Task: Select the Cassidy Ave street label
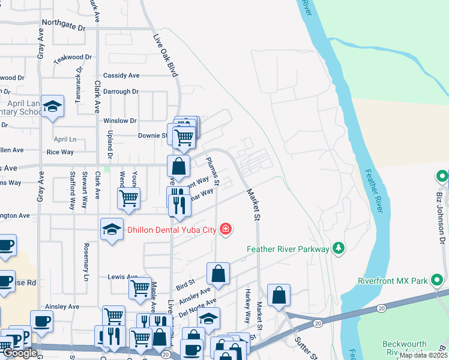tap(121, 76)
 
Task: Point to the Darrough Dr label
tap(121, 92)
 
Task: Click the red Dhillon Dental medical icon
tap(226, 229)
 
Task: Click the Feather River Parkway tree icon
tap(339, 248)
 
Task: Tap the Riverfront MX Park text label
tap(392, 280)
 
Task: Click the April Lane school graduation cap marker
tap(53, 106)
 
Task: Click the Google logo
tap(19, 353)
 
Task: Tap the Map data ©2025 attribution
tap(423, 355)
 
